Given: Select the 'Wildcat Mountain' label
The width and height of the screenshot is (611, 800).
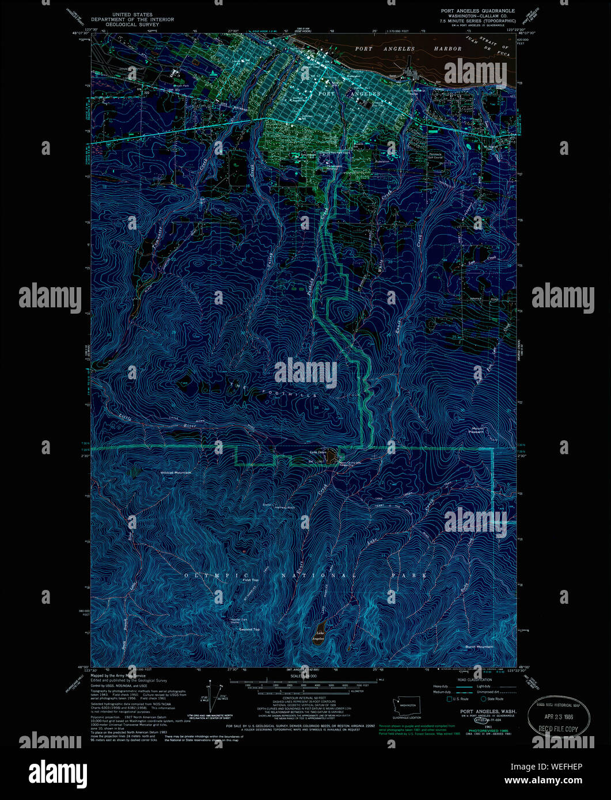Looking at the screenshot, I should [176, 473].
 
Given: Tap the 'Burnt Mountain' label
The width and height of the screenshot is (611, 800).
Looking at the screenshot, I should [479, 647].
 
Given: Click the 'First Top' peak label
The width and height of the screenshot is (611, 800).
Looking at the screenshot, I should [251, 580].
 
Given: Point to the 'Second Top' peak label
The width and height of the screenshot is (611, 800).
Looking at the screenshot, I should [249, 630].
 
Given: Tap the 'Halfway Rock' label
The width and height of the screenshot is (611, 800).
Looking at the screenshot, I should [284, 508].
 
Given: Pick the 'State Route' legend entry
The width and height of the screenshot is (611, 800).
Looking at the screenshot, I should [494, 699].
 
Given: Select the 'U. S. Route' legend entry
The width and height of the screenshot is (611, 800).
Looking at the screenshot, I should [460, 699].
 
